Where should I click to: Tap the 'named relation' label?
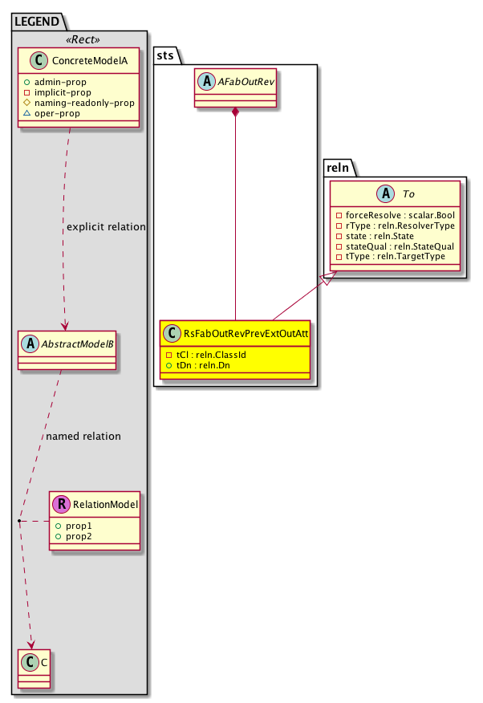pos(83,437)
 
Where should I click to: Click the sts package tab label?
pos(166,55)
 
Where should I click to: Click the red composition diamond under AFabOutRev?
pos(235,114)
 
